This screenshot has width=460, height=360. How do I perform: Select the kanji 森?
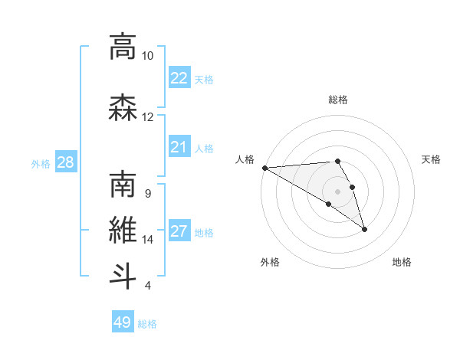tap(123, 108)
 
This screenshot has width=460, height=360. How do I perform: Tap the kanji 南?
tap(123, 186)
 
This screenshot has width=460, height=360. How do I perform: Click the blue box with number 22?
tap(179, 78)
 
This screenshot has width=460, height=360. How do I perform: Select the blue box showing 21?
tap(179, 147)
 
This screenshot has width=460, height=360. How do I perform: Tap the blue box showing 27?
tap(179, 231)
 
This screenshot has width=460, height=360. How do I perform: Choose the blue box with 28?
tap(65, 162)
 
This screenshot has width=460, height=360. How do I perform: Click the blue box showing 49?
tap(123, 322)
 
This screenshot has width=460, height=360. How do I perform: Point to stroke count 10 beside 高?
tap(148, 56)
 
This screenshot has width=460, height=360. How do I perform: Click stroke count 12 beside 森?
tap(148, 117)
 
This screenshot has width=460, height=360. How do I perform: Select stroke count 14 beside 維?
tap(148, 240)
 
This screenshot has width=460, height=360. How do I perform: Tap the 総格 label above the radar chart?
tap(337, 100)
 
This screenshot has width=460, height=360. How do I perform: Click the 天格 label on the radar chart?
tap(431, 159)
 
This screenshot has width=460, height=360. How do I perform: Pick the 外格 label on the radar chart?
tap(270, 263)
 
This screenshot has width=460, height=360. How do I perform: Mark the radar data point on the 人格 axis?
tap(264, 168)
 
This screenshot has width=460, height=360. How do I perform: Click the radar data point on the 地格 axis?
tap(364, 229)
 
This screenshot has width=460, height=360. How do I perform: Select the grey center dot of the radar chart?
tap(337, 191)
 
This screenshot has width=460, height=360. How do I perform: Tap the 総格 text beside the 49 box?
tap(147, 324)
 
